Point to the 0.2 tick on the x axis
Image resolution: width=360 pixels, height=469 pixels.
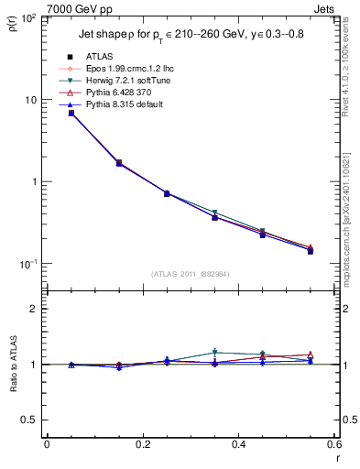tap(142, 443)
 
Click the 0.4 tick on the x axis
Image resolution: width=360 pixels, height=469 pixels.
tap(238, 443)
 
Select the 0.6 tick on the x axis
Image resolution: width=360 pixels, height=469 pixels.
tap(333, 443)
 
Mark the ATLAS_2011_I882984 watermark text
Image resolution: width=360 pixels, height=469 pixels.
tap(190, 273)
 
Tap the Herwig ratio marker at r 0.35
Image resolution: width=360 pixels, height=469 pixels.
tap(214, 352)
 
